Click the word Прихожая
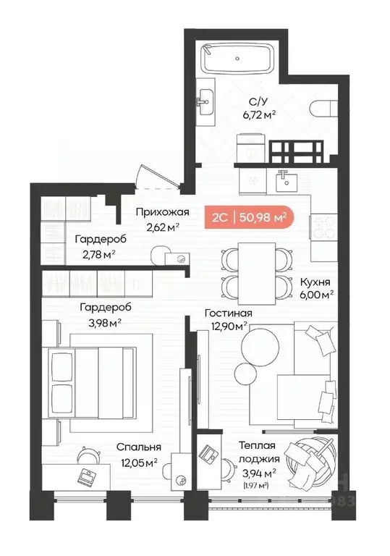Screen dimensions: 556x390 pos(163,212)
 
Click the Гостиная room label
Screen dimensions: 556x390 pos(227,313)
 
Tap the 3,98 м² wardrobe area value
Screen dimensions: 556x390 pos(101,322)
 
